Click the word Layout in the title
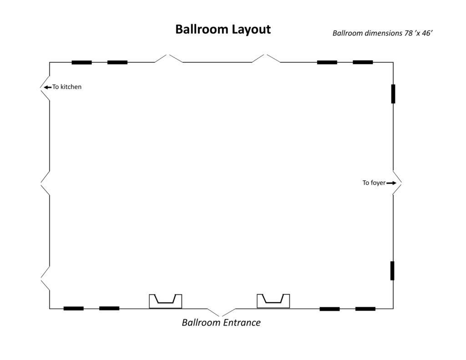[251, 30]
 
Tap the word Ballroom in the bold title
[202, 29]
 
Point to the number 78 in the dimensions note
[408, 33]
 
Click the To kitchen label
[67, 87]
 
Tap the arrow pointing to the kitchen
[47, 87]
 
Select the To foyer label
[374, 183]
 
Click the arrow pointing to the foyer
[391, 183]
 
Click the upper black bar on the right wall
[393, 94]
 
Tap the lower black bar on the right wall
[392, 270]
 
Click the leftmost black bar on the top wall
[82, 62]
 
